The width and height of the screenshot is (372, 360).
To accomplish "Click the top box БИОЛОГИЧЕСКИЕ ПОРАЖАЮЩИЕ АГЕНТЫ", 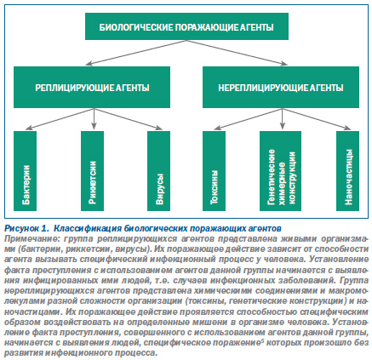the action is point(186,26).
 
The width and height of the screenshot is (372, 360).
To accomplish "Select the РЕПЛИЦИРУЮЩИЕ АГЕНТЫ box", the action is point(92,87).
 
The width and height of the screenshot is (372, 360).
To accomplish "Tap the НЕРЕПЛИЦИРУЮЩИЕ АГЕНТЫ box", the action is point(281,87).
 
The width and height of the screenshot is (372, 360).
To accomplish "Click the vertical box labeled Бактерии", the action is point(25,171).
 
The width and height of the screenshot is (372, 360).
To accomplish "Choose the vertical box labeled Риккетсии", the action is point(92,171).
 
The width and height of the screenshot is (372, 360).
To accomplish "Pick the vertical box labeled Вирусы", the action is point(159,171).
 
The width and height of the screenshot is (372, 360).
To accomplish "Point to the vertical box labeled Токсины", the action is point(214,171).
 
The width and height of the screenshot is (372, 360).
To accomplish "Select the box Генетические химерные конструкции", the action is point(280,171).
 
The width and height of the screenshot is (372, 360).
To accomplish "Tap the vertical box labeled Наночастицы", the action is point(348,171).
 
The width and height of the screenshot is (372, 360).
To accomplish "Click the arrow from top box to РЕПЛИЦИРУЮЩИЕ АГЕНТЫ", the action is point(136,53).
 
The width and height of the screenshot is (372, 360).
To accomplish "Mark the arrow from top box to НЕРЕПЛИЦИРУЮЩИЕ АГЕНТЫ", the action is point(237,53).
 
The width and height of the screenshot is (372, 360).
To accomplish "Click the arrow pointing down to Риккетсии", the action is point(94,118).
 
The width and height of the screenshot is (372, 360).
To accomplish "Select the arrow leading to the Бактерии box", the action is point(60,119).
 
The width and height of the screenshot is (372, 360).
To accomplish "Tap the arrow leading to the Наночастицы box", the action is point(317,119).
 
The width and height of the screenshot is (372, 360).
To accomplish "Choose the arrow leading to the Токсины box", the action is point(248,119).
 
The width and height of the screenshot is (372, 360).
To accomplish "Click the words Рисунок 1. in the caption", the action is point(26,228).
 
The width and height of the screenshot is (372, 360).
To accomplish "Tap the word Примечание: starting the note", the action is point(31,239).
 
